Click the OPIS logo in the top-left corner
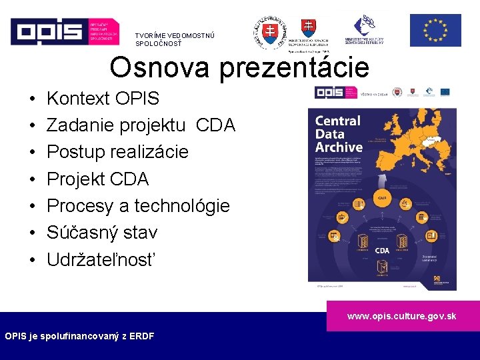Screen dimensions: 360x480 tap(64, 30)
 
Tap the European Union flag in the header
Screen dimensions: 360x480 tap(435, 31)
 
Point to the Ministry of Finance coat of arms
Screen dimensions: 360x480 tap(308, 28)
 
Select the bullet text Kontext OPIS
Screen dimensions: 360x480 tap(103, 99)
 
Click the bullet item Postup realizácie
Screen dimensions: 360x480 tap(117, 152)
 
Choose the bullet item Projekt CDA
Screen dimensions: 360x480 tap(97, 179)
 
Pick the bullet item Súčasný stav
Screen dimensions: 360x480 tap(101, 233)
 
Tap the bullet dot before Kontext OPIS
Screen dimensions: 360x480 tap(33, 99)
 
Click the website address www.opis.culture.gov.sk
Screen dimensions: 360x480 tap(401, 316)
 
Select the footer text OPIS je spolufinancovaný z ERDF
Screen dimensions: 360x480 tap(79, 336)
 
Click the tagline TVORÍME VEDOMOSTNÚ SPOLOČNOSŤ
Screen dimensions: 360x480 tap(175, 39)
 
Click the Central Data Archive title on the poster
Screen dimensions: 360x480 tap(339, 134)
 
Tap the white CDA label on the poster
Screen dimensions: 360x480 tap(382, 251)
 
